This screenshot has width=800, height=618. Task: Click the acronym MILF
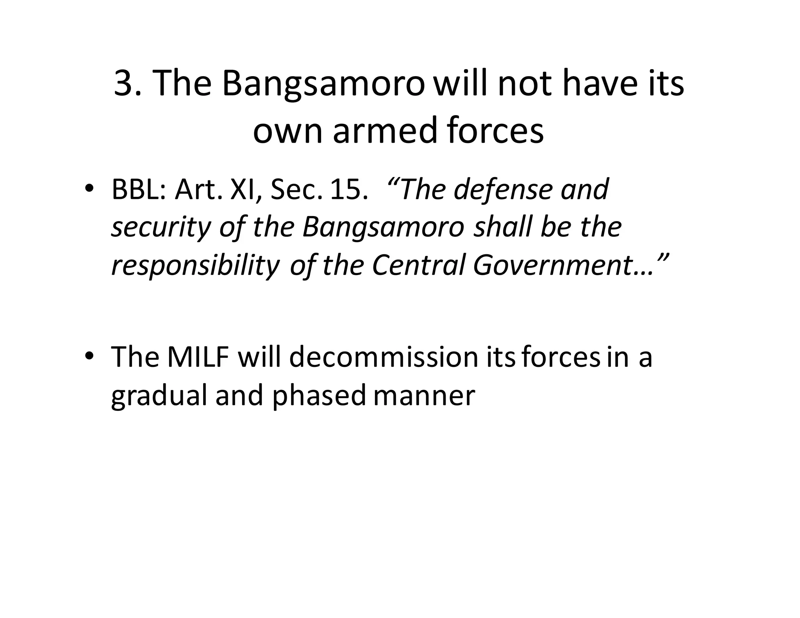point(198,357)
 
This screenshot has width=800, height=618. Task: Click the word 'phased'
point(319,396)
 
